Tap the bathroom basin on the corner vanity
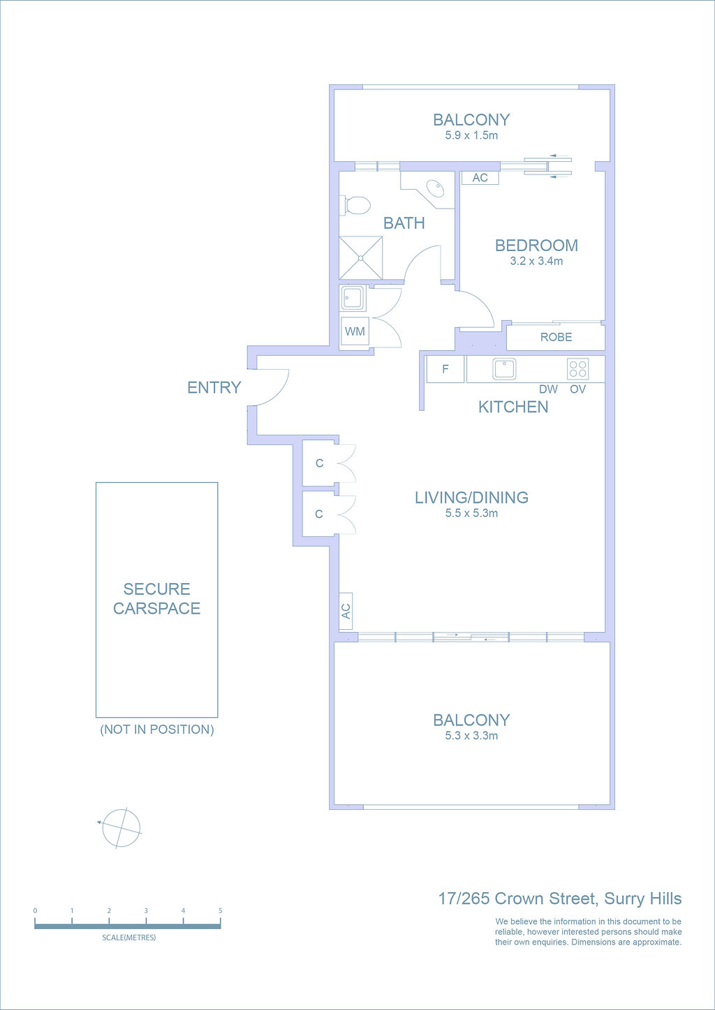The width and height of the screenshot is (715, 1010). [x=436, y=187]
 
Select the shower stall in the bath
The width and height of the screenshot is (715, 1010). [x=361, y=257]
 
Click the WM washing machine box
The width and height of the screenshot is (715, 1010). [x=355, y=331]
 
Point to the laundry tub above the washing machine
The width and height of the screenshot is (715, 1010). [x=353, y=298]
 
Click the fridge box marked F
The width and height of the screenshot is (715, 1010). [x=445, y=369]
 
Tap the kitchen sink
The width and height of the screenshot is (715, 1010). [x=504, y=369]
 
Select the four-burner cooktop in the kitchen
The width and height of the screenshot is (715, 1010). [x=577, y=368]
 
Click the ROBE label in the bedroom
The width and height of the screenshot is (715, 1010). [x=556, y=338]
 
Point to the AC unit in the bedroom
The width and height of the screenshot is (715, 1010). [x=480, y=178]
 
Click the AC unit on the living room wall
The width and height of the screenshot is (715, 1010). [x=346, y=611]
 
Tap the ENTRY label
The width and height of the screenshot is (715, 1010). [x=214, y=387]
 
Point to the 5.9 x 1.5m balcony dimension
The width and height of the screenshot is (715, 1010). [x=471, y=135]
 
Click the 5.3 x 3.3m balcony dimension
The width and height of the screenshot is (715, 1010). [x=471, y=736]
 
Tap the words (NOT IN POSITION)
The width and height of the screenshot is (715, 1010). [x=157, y=730]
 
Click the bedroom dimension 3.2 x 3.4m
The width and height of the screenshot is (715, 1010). [x=536, y=261]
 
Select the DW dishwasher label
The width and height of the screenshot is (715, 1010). [x=548, y=389]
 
